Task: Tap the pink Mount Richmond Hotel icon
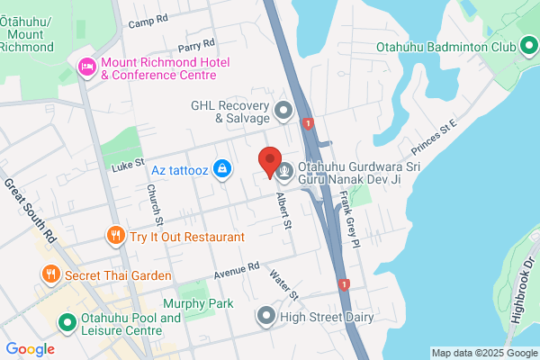(x=87, y=66)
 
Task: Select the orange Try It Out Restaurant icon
(x=114, y=237)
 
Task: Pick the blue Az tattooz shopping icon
(x=222, y=168)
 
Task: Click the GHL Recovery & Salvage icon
(x=284, y=112)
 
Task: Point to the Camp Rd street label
(x=148, y=20)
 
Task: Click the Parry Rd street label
(x=196, y=43)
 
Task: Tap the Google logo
(x=30, y=348)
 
